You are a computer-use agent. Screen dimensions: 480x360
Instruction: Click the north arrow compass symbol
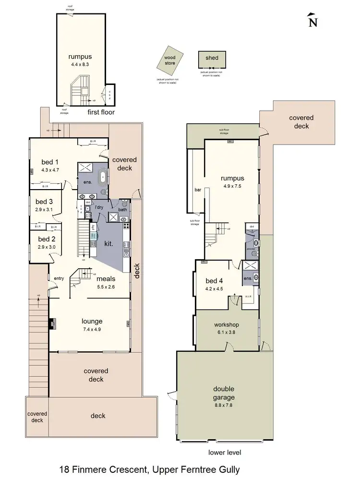tap(312, 20)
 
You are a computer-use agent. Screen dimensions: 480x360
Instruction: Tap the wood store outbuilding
tap(169, 61)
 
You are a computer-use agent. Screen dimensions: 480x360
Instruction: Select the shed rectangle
tap(212, 61)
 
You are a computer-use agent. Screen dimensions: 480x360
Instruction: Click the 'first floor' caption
tap(101, 112)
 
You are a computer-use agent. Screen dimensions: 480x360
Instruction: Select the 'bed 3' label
tap(44, 202)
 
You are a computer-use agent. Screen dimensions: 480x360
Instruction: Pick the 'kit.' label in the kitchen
tap(108, 244)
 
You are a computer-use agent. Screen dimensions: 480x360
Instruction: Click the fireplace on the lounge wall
tap(51, 324)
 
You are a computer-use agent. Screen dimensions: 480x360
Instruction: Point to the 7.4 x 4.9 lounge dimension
tap(92, 329)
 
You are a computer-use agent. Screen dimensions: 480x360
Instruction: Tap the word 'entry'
tap(59, 278)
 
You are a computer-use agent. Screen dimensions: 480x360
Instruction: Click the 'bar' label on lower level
tap(197, 190)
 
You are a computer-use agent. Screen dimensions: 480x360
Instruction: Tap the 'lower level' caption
tap(225, 452)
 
